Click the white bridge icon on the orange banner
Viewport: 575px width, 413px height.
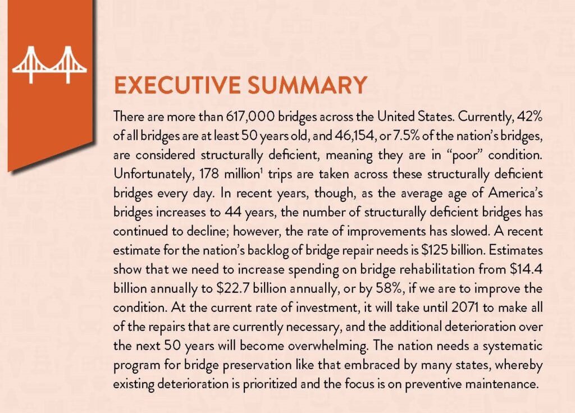(49, 65)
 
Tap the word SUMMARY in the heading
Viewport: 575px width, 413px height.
(307, 85)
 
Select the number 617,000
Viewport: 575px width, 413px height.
(250, 117)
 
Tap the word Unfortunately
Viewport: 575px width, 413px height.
(154, 174)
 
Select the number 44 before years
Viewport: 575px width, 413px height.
(233, 212)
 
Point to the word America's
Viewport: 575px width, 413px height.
(515, 193)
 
